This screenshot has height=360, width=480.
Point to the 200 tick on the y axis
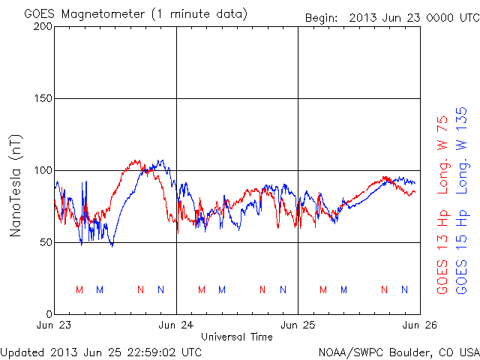43,26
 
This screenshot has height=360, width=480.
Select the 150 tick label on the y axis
43,98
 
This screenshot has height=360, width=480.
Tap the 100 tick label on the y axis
43,170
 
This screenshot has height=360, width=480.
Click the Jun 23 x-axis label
55,325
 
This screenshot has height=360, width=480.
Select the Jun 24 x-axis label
176,325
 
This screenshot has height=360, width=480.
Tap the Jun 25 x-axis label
298,325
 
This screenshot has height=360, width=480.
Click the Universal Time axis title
237,337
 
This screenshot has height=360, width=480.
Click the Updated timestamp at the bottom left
101,351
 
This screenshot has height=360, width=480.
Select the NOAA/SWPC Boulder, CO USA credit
398,351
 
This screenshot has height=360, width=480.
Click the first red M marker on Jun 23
79,289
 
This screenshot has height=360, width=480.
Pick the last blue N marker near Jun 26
404,289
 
